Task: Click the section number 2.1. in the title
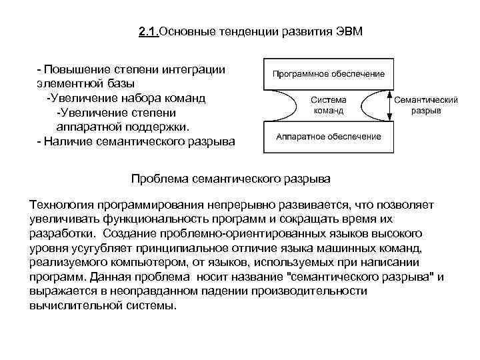click(x=149, y=33)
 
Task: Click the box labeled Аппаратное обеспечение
click(x=329, y=137)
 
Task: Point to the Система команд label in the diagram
click(x=329, y=105)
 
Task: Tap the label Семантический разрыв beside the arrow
click(x=425, y=105)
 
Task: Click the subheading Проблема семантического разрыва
click(x=231, y=179)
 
